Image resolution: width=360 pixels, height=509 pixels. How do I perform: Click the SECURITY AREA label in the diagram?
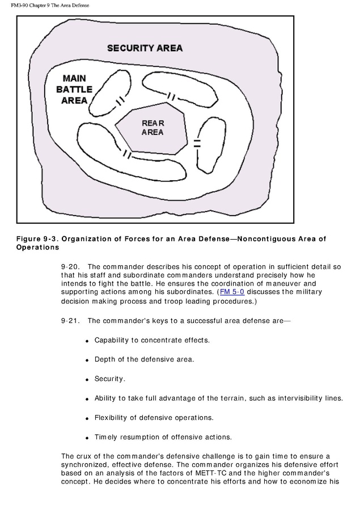pyautogui.click(x=145, y=48)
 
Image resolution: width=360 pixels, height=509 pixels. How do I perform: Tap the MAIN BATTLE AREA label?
pyautogui.click(x=74, y=89)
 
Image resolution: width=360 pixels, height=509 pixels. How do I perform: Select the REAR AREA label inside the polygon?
pyautogui.click(x=153, y=128)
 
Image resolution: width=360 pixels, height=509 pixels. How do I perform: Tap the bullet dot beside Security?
pyautogui.click(x=87, y=380)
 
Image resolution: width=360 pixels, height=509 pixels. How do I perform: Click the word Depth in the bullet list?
pyautogui.click(x=105, y=359)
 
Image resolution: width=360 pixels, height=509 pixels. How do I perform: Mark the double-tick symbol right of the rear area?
pyautogui.click(x=197, y=142)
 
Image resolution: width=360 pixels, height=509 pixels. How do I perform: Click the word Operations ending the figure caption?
pyautogui.click(x=37, y=248)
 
